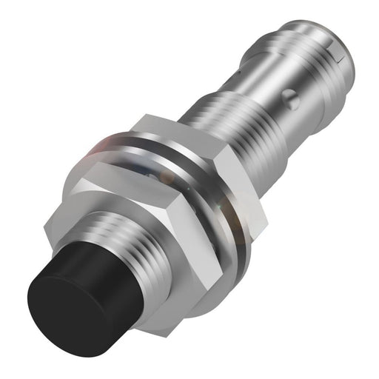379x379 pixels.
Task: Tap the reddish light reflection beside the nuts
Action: [104, 148]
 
